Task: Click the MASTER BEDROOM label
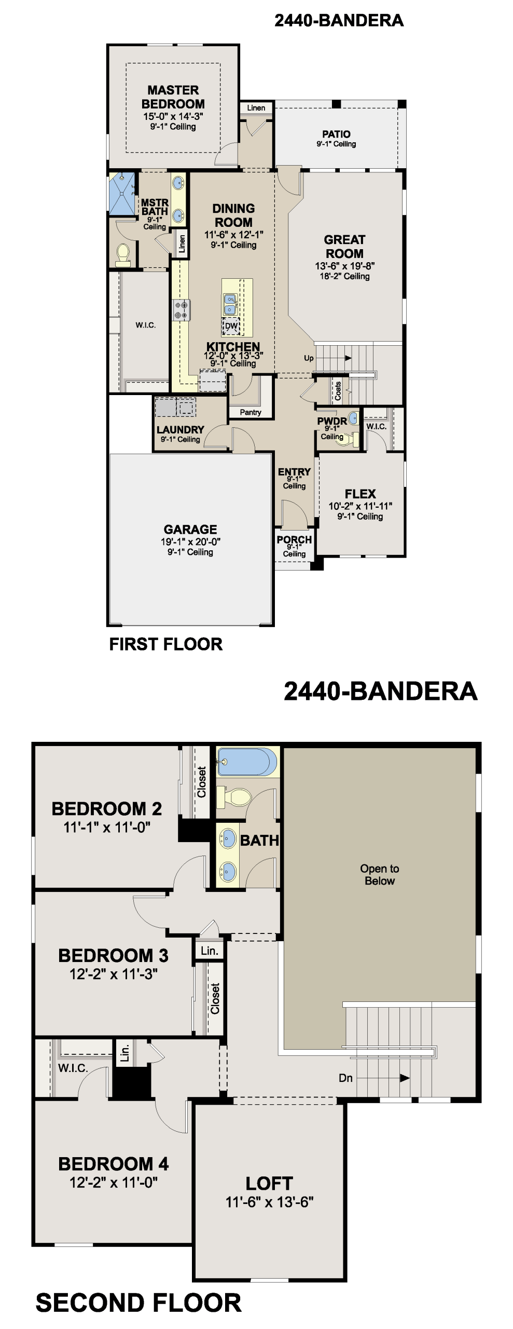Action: (x=173, y=97)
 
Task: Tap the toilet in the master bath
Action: (x=123, y=254)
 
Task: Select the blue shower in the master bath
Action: (x=121, y=193)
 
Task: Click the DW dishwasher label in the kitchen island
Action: (x=231, y=326)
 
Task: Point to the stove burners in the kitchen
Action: (x=182, y=310)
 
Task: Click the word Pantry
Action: (x=251, y=412)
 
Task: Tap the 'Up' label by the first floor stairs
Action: (x=309, y=358)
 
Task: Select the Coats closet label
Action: (x=338, y=391)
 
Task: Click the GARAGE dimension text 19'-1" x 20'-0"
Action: (x=190, y=541)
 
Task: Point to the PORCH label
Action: (x=294, y=539)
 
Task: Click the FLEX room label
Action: (x=360, y=494)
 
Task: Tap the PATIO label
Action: (x=336, y=134)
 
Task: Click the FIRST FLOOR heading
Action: (x=165, y=644)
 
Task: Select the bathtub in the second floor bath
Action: (x=246, y=762)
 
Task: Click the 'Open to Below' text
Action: (x=380, y=875)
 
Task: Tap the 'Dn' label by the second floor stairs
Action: (x=345, y=1078)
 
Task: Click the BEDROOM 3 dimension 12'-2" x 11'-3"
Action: (x=114, y=974)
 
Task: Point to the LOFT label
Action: (x=269, y=1184)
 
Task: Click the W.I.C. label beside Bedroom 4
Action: (x=73, y=1068)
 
